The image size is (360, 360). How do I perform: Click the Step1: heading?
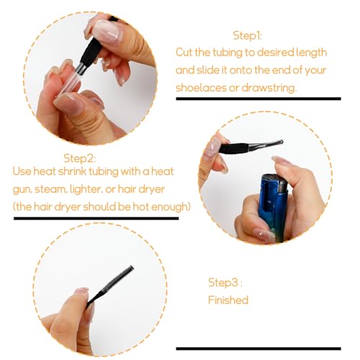point(247,36)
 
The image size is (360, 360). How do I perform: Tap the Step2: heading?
point(80,158)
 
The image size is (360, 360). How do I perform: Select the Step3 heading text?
point(225,282)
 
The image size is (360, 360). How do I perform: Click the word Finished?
point(228,300)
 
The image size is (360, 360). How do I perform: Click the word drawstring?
point(269,88)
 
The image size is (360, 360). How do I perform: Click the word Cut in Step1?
point(184,53)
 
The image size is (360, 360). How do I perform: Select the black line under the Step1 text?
point(258,99)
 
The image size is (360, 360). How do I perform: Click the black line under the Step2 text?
point(96,218)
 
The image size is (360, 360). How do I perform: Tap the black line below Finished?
point(258,348)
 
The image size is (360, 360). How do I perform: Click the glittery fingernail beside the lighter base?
point(264,234)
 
